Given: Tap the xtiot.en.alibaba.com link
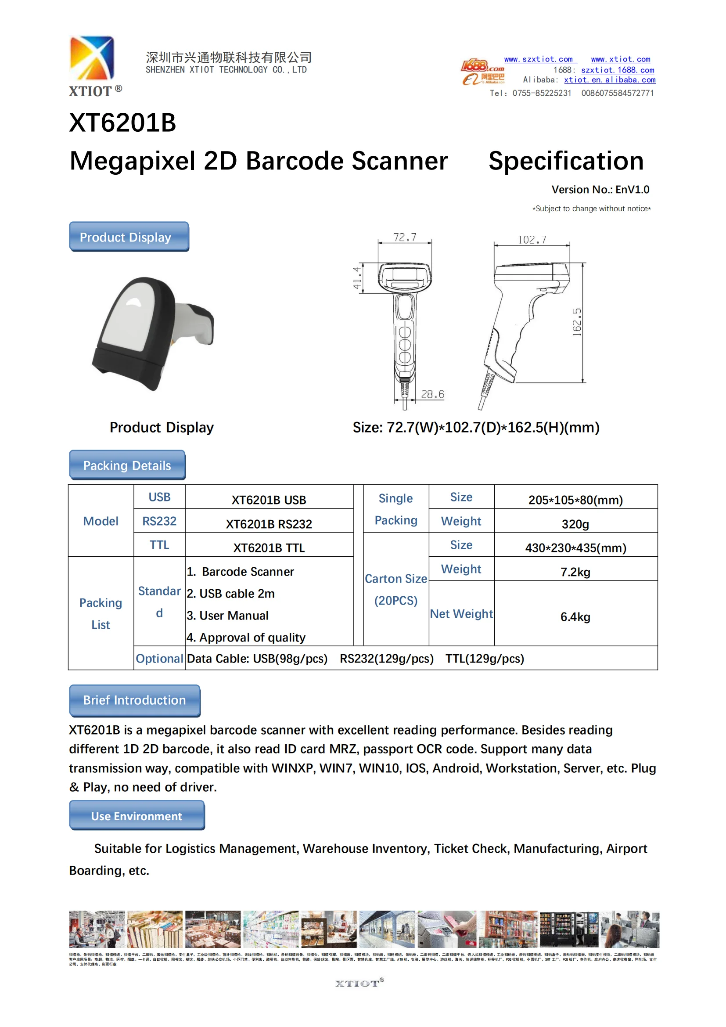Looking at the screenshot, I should tap(609, 80).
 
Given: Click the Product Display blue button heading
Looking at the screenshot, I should tap(129, 237).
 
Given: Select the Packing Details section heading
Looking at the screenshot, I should tap(127, 465).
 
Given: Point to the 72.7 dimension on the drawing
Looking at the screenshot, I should tap(405, 237).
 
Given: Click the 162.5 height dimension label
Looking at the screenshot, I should tap(577, 321).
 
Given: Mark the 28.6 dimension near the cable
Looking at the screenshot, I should tap(432, 394).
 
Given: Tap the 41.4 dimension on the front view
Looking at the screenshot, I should tap(357, 278).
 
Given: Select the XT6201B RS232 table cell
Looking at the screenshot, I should tap(269, 524).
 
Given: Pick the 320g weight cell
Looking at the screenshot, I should tap(575, 524).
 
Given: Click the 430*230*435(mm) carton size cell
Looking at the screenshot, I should tap(575, 548).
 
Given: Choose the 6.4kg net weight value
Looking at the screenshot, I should tap(575, 617).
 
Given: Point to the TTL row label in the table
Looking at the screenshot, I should tap(159, 545).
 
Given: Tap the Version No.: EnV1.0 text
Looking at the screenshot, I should tap(600, 190).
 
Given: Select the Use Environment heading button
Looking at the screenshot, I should tap(137, 816).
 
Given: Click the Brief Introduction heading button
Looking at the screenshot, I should tap(135, 700).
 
